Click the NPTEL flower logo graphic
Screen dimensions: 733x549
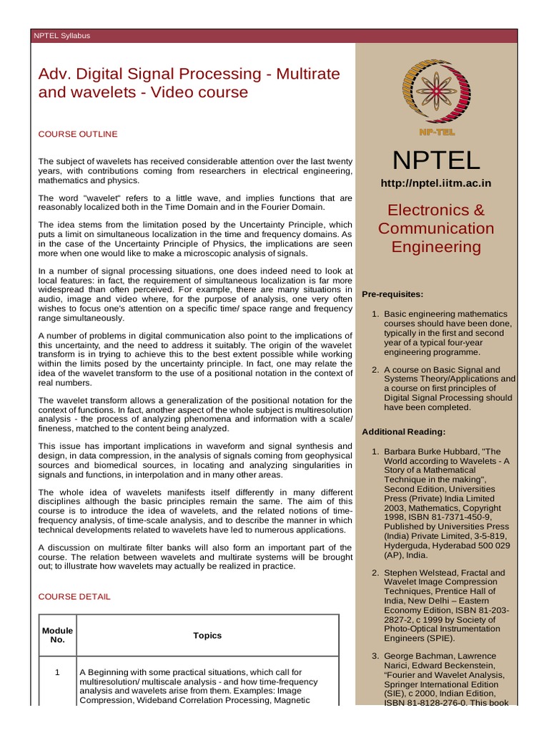click(435, 88)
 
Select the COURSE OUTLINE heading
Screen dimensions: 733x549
click(78, 134)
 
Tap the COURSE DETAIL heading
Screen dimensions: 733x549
click(74, 596)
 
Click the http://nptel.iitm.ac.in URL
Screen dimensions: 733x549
click(435, 183)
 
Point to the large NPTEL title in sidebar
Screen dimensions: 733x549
click(435, 160)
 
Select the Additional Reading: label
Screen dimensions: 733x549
click(404, 432)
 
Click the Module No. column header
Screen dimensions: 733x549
click(57, 635)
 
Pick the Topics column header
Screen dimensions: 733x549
click(207, 635)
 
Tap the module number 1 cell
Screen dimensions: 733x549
click(57, 672)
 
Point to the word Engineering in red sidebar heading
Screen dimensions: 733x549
click(435, 247)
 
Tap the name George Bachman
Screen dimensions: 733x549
click(422, 656)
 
